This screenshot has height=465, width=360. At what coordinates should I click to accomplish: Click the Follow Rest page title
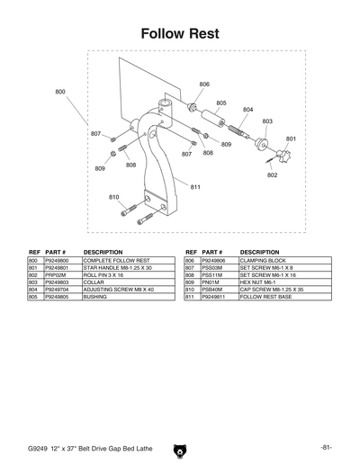[180, 33]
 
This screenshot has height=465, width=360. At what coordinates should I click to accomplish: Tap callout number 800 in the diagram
[60, 92]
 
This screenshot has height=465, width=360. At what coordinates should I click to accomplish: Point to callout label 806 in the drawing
[204, 85]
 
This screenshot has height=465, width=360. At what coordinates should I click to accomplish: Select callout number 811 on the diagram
[194, 186]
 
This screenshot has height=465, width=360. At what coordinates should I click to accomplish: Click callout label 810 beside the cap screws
[113, 197]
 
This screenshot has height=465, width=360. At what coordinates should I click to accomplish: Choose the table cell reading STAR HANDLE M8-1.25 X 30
[118, 267]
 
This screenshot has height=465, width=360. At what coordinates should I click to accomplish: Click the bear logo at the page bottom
[180, 447]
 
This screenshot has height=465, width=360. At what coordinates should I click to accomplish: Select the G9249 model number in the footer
[39, 447]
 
